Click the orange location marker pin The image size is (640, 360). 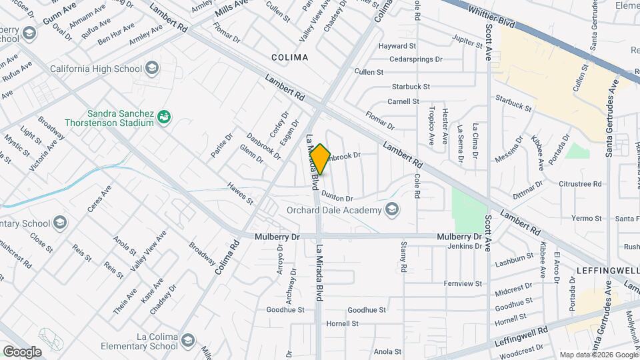point(320,159)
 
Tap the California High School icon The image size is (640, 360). point(152,67)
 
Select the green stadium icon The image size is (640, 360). point(163,118)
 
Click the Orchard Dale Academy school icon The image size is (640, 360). point(392,211)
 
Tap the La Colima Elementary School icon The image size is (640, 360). point(187,339)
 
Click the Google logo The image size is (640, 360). point(22,352)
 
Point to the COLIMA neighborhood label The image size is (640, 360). point(290,57)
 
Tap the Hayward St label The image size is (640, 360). point(397,47)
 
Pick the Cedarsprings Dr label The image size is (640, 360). point(416,59)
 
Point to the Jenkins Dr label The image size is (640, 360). point(465,246)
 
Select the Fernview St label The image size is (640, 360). point(463,283)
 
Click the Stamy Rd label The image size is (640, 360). point(404,258)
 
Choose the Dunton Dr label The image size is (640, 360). point(337,196)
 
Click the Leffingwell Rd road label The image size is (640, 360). point(521,335)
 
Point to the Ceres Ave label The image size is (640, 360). point(99,199)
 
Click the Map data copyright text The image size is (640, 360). point(598,355)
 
